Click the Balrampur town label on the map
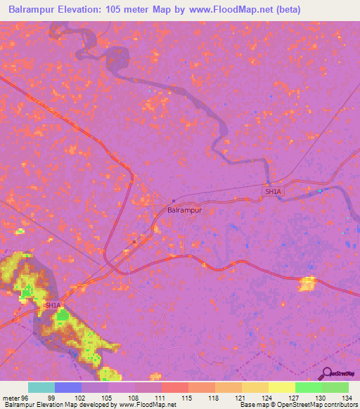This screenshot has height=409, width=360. click(x=184, y=209)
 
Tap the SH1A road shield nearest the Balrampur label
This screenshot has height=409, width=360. click(x=271, y=191)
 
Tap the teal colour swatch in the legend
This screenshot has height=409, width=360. click(x=41, y=387)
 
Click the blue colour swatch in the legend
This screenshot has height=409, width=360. click(x=68, y=387)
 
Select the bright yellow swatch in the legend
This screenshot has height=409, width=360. click(x=282, y=387)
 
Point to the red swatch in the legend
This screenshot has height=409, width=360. click(x=175, y=387)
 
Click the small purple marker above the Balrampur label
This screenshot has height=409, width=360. click(x=174, y=200)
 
